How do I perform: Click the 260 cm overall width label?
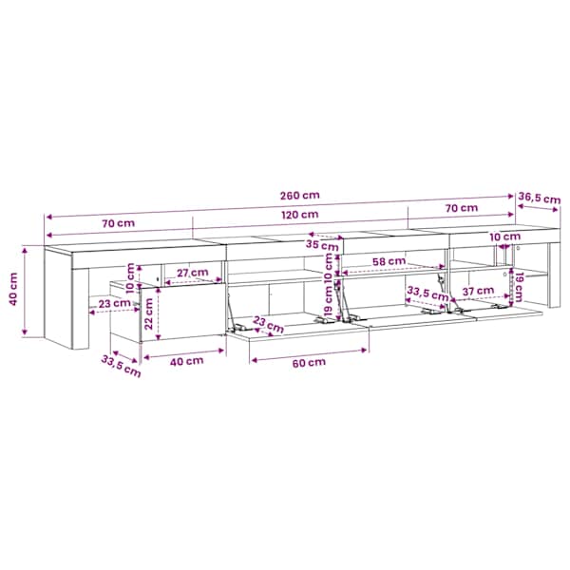(300, 195)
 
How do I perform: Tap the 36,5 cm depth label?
(540, 199)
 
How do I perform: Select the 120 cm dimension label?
(300, 215)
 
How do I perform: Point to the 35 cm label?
(322, 245)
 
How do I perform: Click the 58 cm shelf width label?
(389, 261)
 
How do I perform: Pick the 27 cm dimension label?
(193, 273)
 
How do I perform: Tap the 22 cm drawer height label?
(149, 313)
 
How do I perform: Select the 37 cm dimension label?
(478, 291)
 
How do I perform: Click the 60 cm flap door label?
(309, 363)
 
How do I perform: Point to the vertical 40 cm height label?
(13, 290)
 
